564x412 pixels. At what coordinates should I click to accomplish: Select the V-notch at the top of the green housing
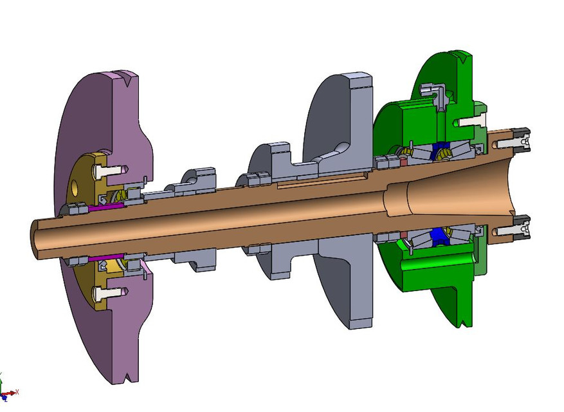point(462,59)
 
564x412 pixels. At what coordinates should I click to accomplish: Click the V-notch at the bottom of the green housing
point(461,321)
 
